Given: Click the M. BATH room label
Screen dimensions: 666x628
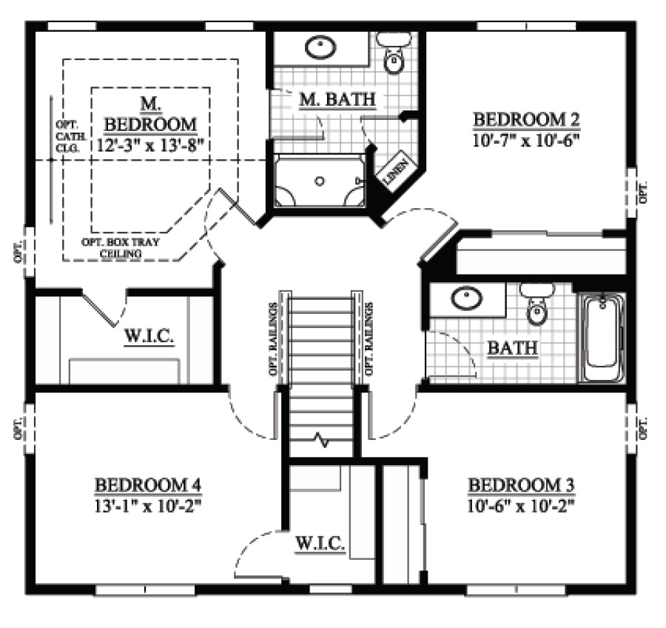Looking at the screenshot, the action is click(x=337, y=99).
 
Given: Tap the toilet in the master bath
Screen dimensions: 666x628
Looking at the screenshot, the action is click(x=394, y=53).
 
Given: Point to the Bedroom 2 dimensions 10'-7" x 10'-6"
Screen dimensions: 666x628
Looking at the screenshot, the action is click(x=526, y=140).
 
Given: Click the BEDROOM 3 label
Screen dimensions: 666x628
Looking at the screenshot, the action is click(x=521, y=485).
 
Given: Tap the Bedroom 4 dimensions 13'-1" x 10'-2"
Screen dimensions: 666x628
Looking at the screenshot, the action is click(x=147, y=507).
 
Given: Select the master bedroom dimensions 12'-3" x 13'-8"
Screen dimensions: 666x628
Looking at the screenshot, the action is click(x=148, y=145).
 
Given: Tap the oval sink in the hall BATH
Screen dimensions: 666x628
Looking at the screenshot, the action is click(x=466, y=298).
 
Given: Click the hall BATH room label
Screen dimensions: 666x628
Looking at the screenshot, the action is click(x=513, y=348).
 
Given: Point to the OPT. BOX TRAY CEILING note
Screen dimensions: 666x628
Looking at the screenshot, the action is click(x=120, y=248).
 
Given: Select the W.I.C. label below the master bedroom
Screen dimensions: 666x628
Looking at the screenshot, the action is click(x=149, y=336).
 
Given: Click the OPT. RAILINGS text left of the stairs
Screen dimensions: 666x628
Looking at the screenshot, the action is click(x=273, y=338).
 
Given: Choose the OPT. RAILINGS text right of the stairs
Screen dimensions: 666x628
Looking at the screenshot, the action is click(x=369, y=338).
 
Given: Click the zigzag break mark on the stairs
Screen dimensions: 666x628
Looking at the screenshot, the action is click(x=321, y=441).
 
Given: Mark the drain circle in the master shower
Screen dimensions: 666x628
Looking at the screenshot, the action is click(x=320, y=181).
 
